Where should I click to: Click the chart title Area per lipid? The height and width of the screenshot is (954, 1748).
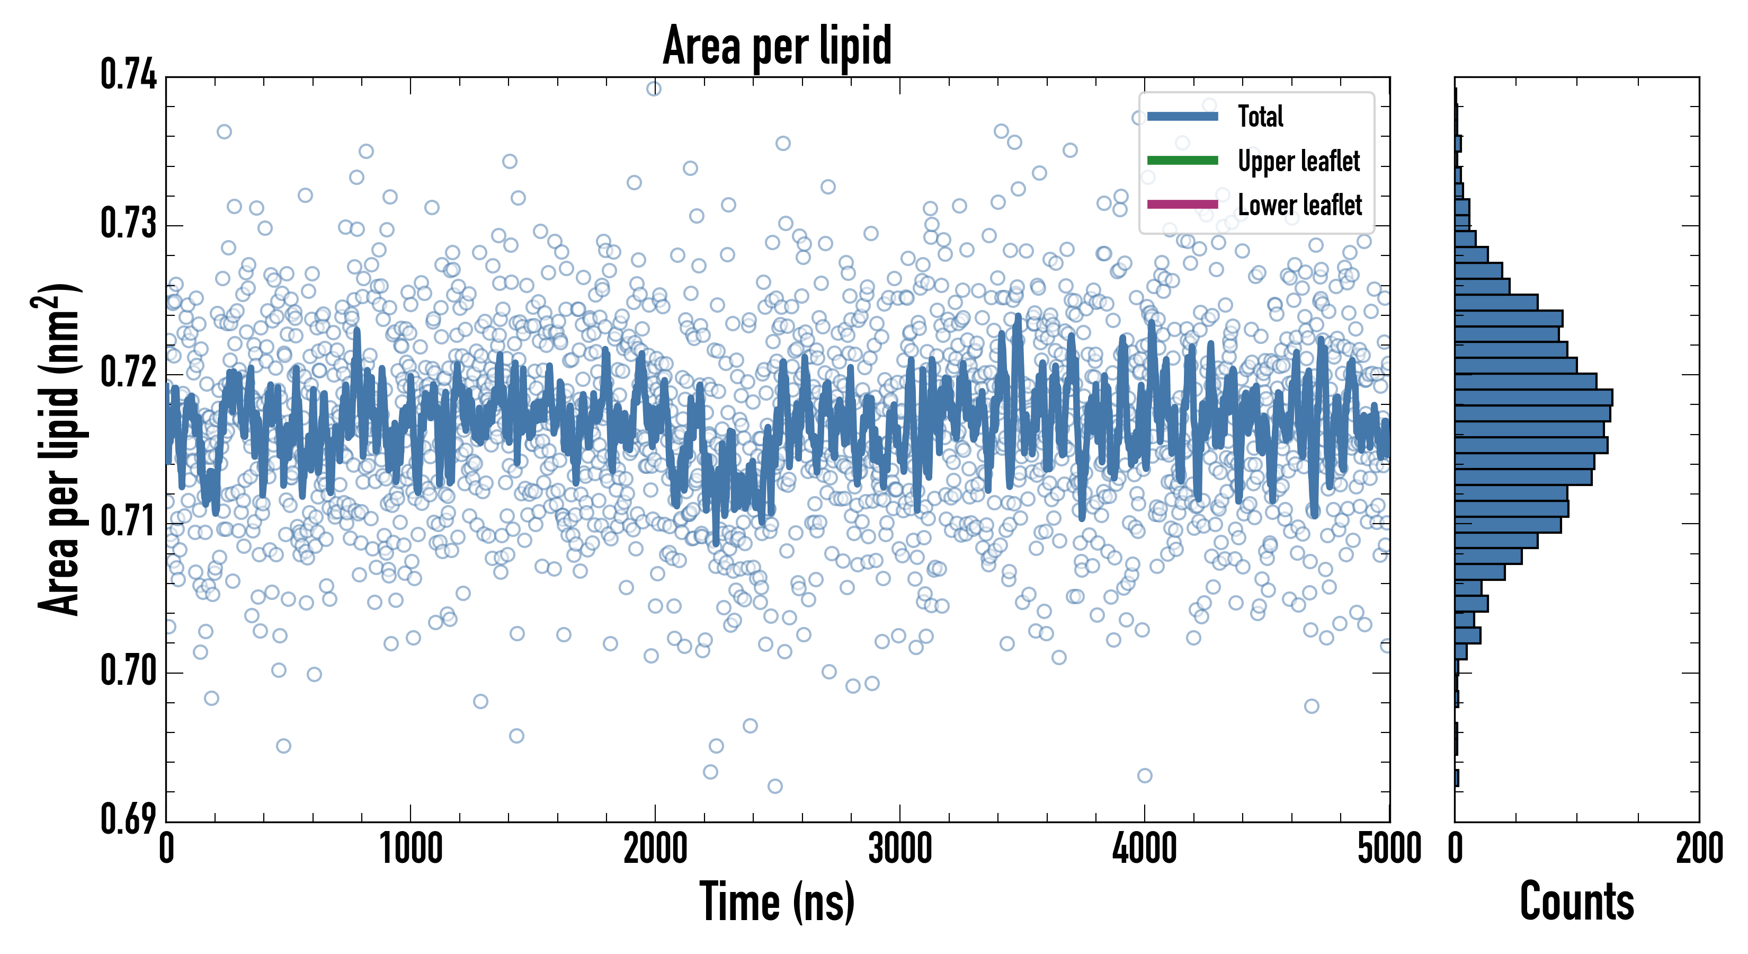pyautogui.click(x=777, y=46)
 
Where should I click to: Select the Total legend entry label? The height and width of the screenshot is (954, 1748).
pyautogui.click(x=1260, y=116)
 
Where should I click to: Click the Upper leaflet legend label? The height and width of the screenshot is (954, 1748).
pyautogui.click(x=1298, y=161)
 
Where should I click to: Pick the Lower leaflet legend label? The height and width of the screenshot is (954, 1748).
pyautogui.click(x=1299, y=205)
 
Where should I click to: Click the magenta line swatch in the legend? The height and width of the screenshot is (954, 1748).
pyautogui.click(x=1182, y=205)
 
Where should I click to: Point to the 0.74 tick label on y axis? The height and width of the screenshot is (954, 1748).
pyautogui.click(x=128, y=75)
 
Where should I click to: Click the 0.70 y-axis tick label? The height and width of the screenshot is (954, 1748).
pyautogui.click(x=128, y=671)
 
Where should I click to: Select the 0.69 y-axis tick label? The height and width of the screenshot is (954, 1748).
pyautogui.click(x=128, y=819)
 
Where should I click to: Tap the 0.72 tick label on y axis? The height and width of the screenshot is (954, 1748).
pyautogui.click(x=128, y=372)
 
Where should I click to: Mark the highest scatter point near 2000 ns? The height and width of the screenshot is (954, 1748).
pyautogui.click(x=654, y=89)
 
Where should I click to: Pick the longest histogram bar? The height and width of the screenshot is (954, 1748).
pyautogui.click(x=1533, y=397)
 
